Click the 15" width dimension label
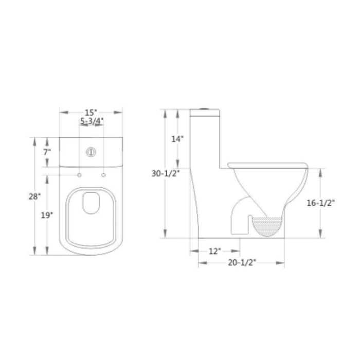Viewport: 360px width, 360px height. (91, 112)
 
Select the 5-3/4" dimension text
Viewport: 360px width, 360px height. (92, 121)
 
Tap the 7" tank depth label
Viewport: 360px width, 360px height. (47, 152)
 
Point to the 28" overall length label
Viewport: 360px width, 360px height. (34, 196)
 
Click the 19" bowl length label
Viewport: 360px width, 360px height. (47, 215)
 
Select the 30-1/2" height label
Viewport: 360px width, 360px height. (165, 174)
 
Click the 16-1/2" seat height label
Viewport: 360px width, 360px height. (321, 203)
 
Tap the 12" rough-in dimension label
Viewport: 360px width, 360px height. (214, 251)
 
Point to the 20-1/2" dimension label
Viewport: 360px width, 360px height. (241, 262)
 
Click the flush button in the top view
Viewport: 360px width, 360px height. (92, 152)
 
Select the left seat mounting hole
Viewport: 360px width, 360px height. (80, 176)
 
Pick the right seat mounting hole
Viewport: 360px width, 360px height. (103, 176)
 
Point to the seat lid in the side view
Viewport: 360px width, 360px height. (267, 165)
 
